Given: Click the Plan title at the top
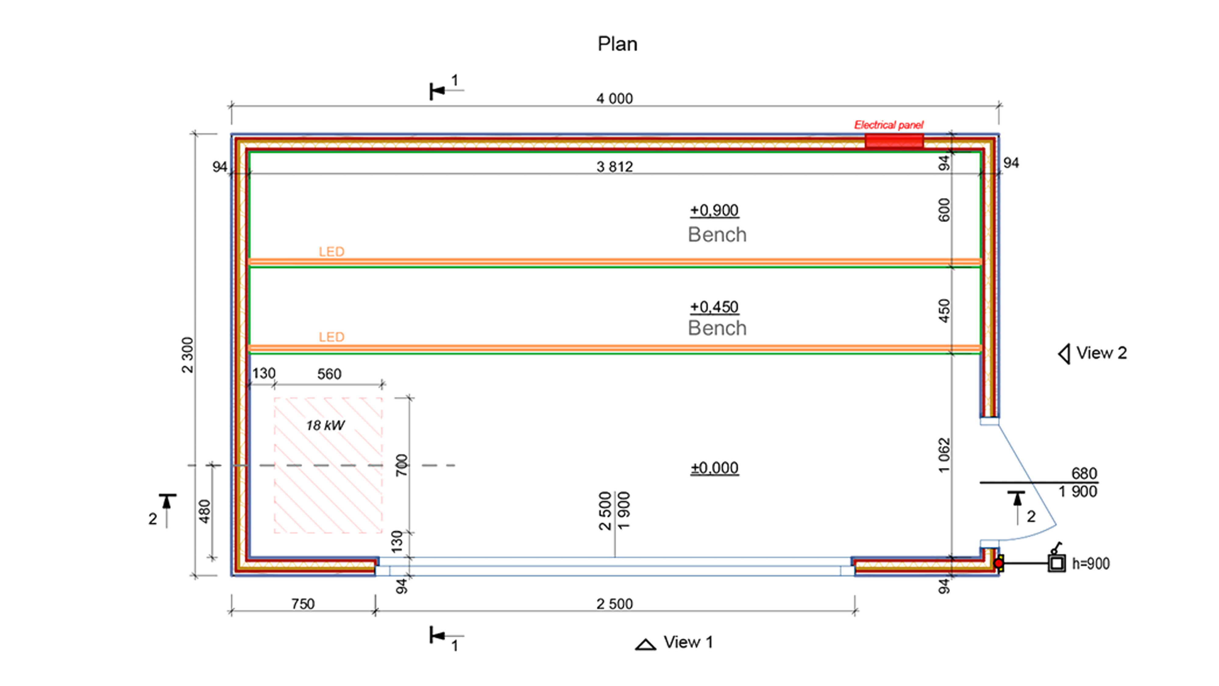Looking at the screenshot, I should pyautogui.click(x=617, y=44).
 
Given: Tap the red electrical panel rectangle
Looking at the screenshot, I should pyautogui.click(x=894, y=141).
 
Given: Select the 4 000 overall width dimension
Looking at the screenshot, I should pyautogui.click(x=614, y=98).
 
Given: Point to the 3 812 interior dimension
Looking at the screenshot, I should pyautogui.click(x=614, y=167).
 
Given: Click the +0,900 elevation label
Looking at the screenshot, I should pyautogui.click(x=714, y=210).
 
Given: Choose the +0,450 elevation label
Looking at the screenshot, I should pyautogui.click(x=714, y=307).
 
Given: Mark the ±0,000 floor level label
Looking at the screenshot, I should pyautogui.click(x=714, y=468).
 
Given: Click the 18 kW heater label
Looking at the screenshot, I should pyautogui.click(x=325, y=425).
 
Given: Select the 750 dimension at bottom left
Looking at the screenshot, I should pyautogui.click(x=303, y=604).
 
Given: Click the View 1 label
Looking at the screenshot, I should pyautogui.click(x=688, y=642).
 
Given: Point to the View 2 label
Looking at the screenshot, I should pyautogui.click(x=1101, y=353).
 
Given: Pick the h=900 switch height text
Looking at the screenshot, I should pyautogui.click(x=1090, y=563).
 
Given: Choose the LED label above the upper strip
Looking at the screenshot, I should pyautogui.click(x=331, y=252).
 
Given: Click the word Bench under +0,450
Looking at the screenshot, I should pyautogui.click(x=717, y=328).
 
